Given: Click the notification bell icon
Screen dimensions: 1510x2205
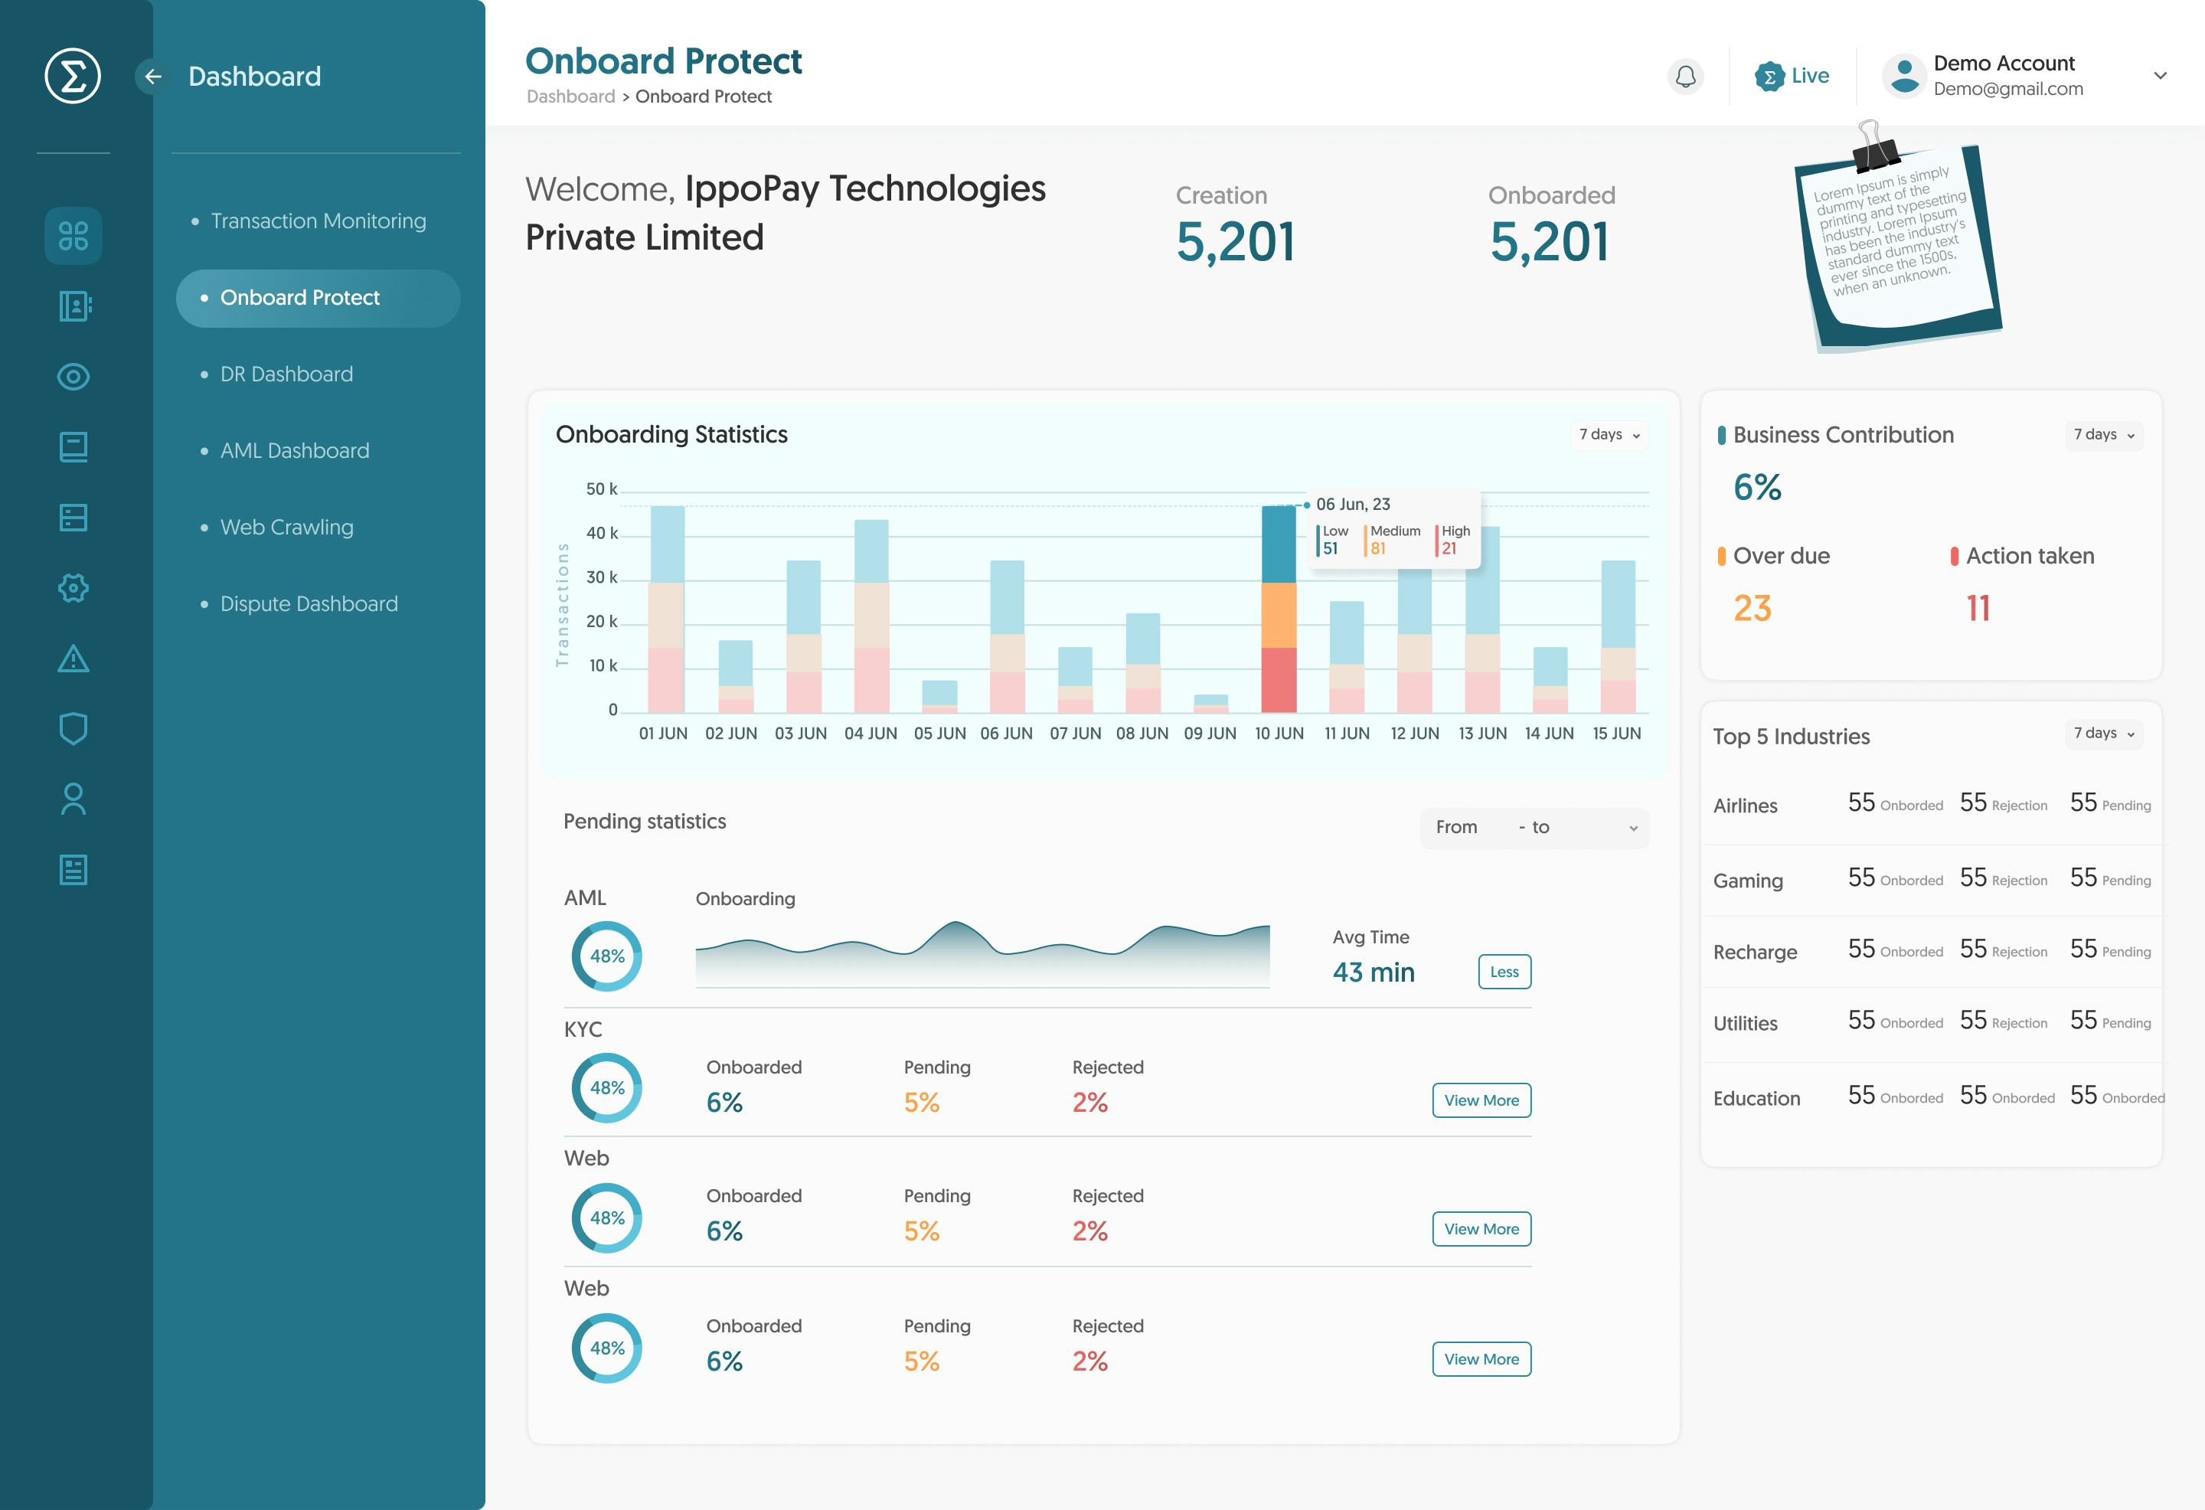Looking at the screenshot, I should point(1685,76).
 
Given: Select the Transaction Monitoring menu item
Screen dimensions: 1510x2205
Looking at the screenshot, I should point(318,221).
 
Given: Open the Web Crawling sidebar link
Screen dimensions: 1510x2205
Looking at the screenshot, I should point(286,528).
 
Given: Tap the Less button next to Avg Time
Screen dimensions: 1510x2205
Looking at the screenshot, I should point(1504,972).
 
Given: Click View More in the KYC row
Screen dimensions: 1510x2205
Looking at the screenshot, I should point(1480,1100).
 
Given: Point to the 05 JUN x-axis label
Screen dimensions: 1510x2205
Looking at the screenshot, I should point(939,734).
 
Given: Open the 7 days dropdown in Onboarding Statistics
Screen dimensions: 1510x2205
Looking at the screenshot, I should point(1609,435).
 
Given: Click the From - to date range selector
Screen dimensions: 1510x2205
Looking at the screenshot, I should point(1534,828).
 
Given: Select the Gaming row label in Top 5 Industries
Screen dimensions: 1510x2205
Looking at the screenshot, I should point(1748,881).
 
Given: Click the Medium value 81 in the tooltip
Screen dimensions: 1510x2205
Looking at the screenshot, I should point(1377,548).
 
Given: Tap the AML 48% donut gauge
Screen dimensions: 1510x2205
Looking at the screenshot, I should point(607,956).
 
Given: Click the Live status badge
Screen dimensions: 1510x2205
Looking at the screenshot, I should point(1792,76).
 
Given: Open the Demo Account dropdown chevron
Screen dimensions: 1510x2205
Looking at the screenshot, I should point(2161,76).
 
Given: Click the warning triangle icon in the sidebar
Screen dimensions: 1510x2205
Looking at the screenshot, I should point(73,659).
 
